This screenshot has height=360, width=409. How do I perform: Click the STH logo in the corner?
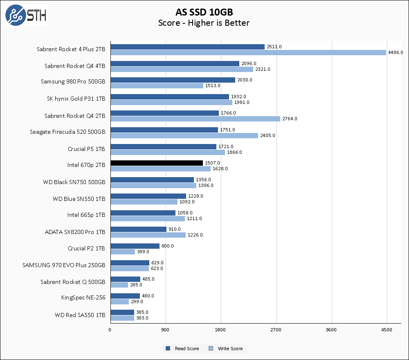(26, 15)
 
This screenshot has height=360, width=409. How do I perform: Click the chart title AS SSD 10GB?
(204, 12)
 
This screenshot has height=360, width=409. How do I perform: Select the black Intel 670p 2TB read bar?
(157, 163)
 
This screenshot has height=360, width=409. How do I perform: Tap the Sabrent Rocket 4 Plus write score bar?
(248, 52)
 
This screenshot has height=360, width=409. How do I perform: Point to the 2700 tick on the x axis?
(276, 330)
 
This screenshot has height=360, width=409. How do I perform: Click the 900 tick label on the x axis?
(166, 330)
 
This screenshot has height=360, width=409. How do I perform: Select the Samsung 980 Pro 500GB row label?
(73, 81)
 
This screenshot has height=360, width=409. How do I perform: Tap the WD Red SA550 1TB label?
(80, 315)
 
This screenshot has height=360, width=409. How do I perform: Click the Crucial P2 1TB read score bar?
(135, 246)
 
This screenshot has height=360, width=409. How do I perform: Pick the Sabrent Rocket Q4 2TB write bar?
(195, 119)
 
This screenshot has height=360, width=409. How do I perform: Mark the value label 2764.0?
(290, 119)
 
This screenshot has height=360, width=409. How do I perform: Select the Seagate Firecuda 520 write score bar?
(184, 135)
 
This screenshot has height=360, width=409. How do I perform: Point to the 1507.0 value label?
(212, 163)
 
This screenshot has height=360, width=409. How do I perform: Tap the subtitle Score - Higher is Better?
(204, 23)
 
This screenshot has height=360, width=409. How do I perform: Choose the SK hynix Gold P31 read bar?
(170, 97)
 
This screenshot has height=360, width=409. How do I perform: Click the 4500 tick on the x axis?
(387, 330)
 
